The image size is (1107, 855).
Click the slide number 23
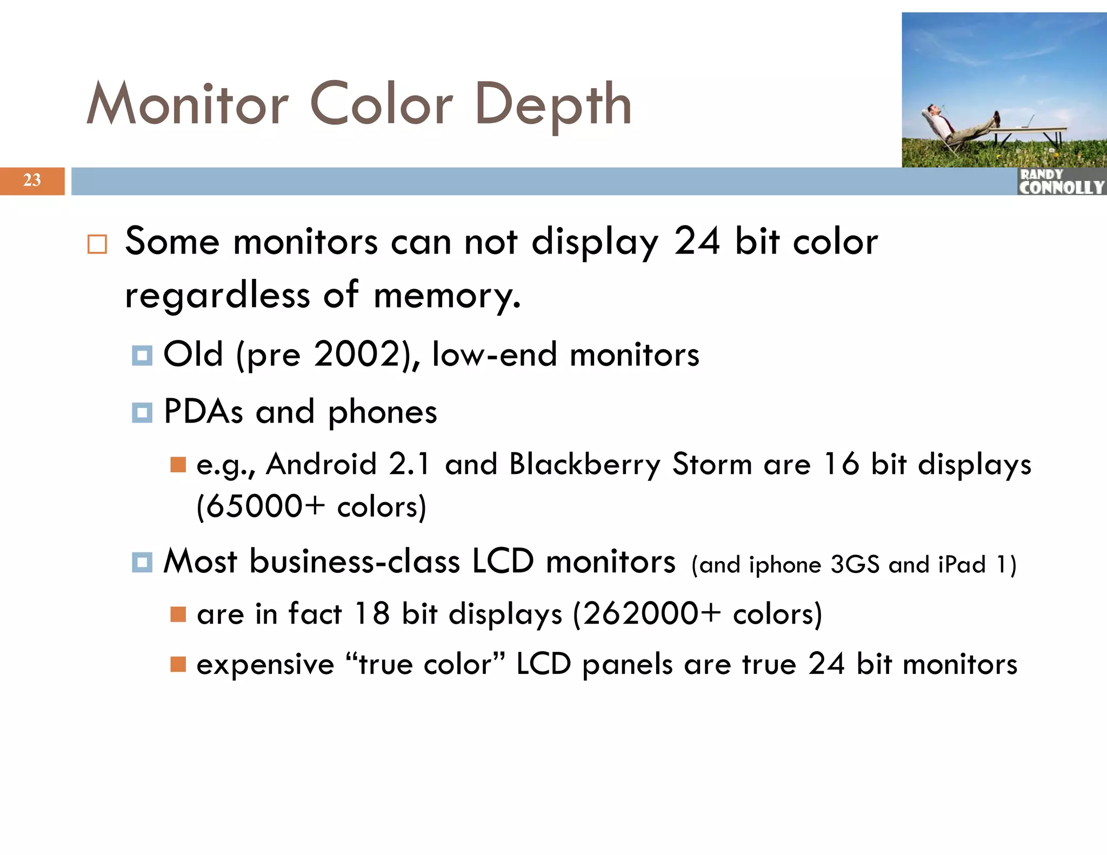click(32, 180)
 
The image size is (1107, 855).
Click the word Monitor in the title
click(188, 104)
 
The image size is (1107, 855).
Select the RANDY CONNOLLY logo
click(1061, 182)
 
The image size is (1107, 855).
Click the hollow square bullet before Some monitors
click(97, 244)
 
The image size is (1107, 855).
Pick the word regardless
click(217, 296)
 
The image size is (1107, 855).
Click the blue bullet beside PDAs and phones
click(142, 413)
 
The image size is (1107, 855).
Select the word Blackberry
click(584, 464)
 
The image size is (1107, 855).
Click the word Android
click(322, 464)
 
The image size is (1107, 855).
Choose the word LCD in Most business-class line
click(503, 561)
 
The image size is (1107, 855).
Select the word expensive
click(265, 664)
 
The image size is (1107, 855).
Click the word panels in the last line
click(627, 664)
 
